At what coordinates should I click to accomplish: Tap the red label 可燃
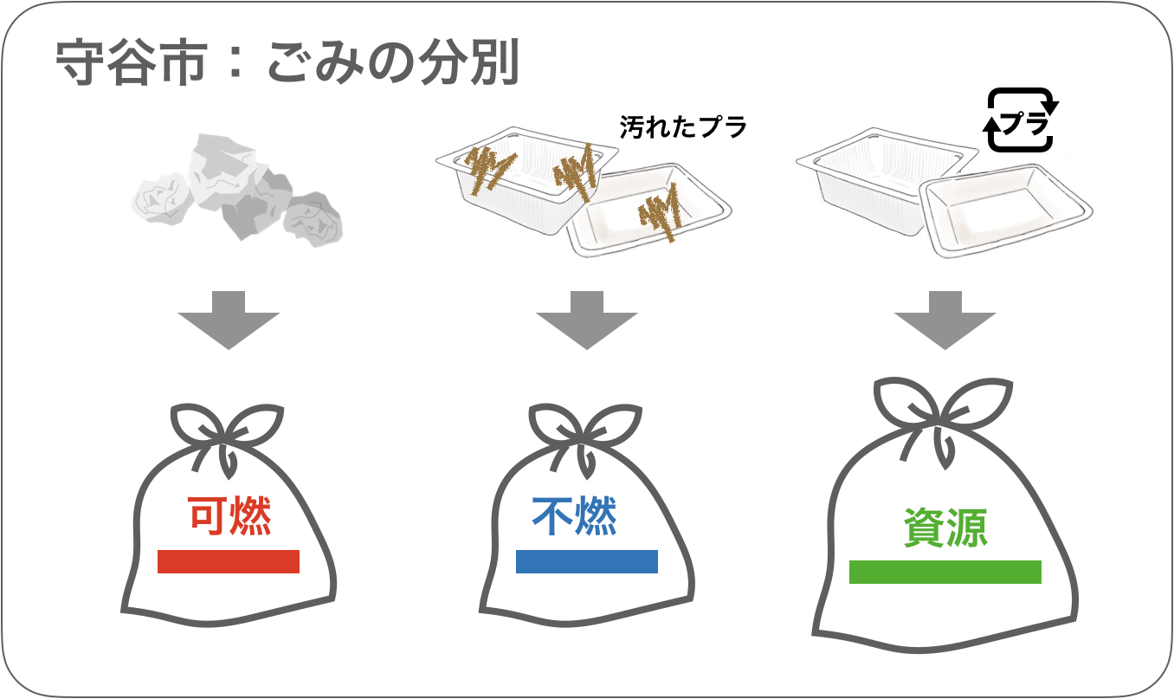click(x=229, y=516)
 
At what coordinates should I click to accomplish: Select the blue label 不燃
click(x=574, y=517)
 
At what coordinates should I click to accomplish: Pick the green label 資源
click(x=945, y=527)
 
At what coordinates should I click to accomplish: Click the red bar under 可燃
click(x=229, y=561)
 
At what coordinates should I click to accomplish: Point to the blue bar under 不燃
click(x=586, y=561)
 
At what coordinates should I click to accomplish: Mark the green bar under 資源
click(x=945, y=572)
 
